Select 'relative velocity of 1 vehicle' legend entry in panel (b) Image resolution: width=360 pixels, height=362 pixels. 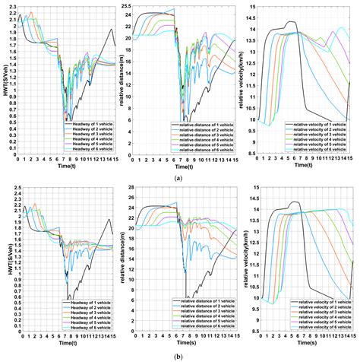pyautogui.click(x=324, y=303)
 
